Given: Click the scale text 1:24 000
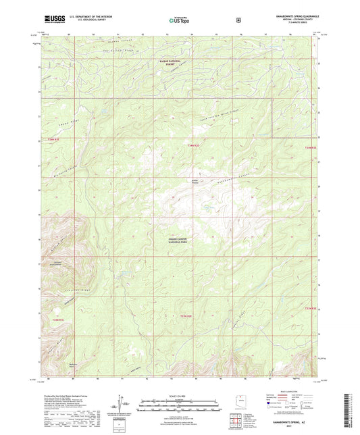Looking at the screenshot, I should coord(179,395).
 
